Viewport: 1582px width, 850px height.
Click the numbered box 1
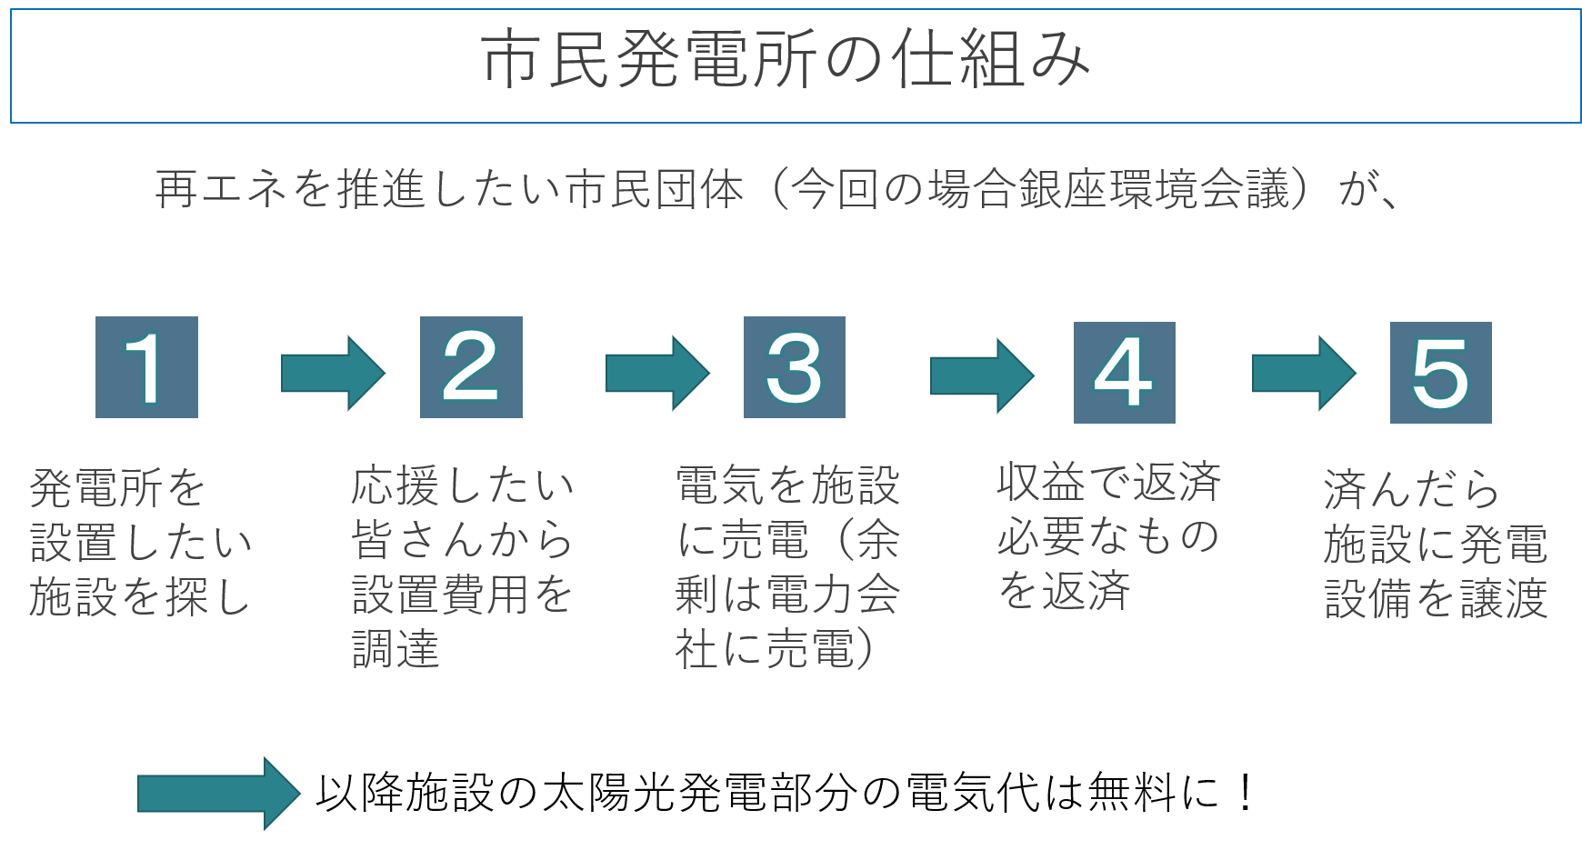[146, 367]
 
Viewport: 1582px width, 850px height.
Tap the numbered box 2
[471, 367]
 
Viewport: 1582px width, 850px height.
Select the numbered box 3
[794, 367]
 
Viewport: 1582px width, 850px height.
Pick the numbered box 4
[1124, 372]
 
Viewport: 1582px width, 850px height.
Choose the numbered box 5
[1440, 372]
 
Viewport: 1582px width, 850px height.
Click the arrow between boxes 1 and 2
[332, 373]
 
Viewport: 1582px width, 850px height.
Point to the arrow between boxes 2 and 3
[656, 373]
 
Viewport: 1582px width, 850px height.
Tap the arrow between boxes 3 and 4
[981, 375]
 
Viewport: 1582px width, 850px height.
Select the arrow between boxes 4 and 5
[1303, 373]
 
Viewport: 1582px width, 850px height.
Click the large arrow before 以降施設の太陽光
[218, 794]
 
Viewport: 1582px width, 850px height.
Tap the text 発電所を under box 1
[118, 488]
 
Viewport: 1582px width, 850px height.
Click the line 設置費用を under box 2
[461, 595]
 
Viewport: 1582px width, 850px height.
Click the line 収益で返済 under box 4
[1108, 482]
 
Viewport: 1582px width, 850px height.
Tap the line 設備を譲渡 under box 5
[1436, 599]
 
